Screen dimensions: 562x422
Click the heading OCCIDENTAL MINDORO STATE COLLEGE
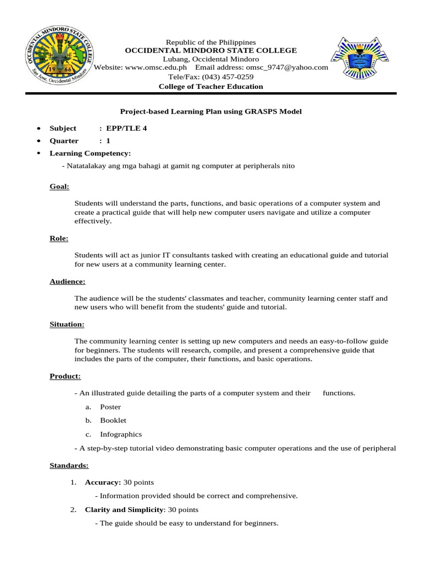coord(211,50)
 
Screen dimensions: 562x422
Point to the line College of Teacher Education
coord(211,87)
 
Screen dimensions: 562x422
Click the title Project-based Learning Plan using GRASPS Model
coord(211,111)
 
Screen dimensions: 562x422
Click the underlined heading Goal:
coord(59,187)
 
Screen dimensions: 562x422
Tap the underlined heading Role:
coord(59,238)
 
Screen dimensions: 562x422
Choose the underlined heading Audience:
coord(68,282)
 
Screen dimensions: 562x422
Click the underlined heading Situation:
coord(67,324)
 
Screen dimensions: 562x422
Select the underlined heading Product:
coord(65,376)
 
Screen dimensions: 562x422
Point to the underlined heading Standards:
coord(69,465)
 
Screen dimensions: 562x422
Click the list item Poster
coord(110,407)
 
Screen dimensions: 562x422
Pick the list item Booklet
coord(113,420)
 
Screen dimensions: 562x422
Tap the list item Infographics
coord(120,434)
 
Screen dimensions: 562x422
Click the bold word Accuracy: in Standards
coord(103,482)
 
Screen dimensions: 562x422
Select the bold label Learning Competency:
coord(90,153)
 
